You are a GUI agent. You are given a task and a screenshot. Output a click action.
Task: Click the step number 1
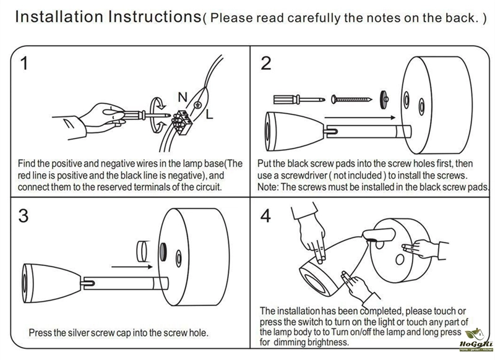24,64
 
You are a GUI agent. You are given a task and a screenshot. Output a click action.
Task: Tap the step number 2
266,64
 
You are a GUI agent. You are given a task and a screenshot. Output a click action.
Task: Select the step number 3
24,216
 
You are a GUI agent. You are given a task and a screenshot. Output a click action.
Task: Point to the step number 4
266,216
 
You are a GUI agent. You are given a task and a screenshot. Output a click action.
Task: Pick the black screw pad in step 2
384,97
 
